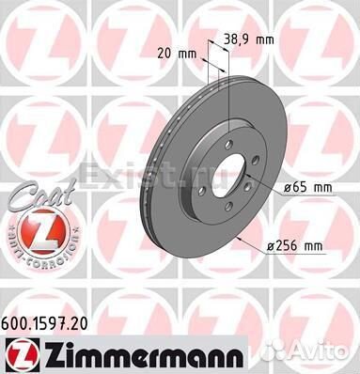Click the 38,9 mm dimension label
click(249, 39)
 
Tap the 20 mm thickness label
click(177, 54)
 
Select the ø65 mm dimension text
click(307, 188)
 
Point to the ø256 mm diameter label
click(294, 246)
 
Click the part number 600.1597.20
click(44, 324)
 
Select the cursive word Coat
click(41, 195)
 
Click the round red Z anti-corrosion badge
click(42, 230)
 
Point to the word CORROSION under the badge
click(49, 257)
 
